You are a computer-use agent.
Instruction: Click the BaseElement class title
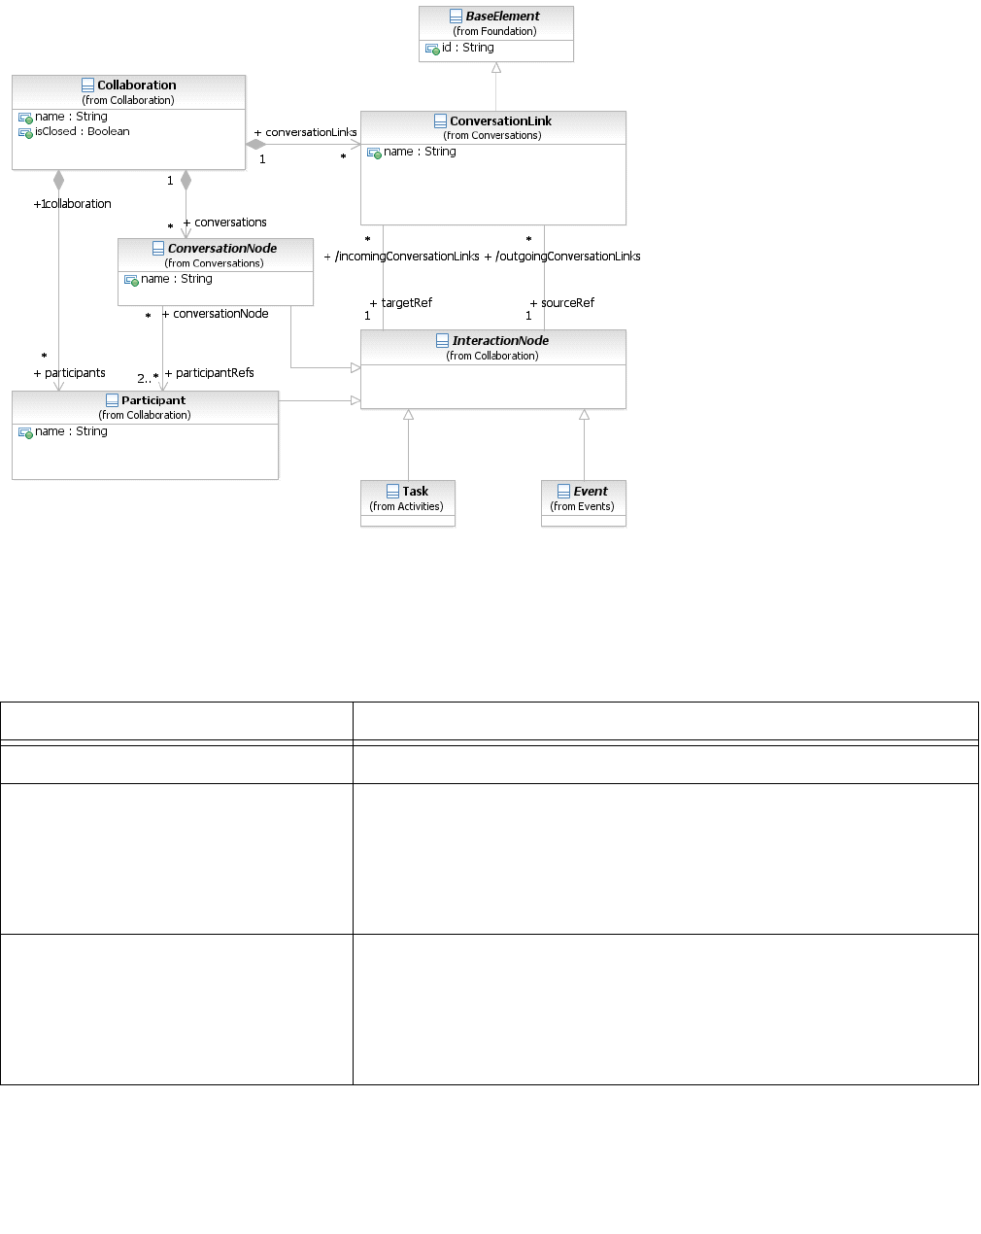click(502, 17)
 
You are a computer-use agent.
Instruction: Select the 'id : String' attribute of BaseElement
click(468, 48)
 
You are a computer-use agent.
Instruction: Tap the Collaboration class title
click(136, 86)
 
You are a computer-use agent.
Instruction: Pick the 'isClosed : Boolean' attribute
click(82, 132)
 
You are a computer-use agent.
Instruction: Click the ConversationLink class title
click(500, 121)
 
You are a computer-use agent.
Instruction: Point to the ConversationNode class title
click(221, 249)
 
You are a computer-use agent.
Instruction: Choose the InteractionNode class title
click(500, 341)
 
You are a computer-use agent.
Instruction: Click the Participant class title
click(152, 400)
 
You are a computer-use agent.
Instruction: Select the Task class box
click(408, 502)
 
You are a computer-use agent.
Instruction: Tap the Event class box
click(584, 502)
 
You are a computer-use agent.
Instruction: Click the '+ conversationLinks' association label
click(306, 132)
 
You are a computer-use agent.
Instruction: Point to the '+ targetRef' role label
click(401, 303)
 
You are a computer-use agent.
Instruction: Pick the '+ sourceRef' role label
click(562, 303)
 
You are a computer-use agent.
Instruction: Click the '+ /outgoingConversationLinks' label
click(562, 257)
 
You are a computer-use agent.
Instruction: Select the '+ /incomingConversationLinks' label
click(402, 257)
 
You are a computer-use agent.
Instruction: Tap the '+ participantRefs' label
click(210, 373)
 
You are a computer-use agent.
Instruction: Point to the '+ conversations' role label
click(225, 223)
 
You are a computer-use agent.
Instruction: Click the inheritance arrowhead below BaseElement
click(496, 68)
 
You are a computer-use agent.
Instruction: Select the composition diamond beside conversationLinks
click(255, 145)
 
